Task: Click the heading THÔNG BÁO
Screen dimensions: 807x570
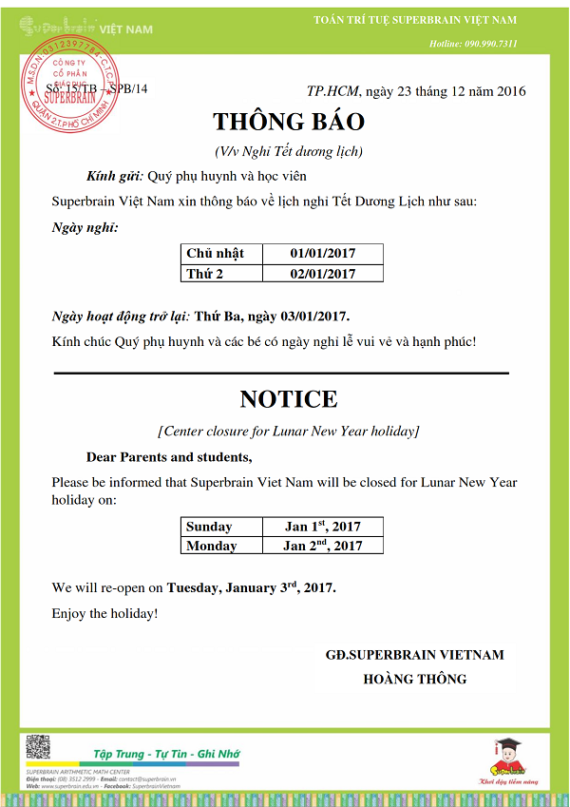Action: coord(288,122)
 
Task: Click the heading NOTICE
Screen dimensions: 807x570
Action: coord(288,398)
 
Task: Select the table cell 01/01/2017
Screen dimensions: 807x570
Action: coord(322,253)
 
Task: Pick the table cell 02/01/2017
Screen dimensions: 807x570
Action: coord(322,273)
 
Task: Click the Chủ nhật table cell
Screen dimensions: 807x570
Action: coord(221,253)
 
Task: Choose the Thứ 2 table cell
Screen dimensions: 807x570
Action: coord(221,273)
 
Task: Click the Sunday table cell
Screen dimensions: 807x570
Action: coord(221,526)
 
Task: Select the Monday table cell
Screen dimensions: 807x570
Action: coord(221,546)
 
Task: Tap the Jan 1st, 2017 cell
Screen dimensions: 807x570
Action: coord(322,526)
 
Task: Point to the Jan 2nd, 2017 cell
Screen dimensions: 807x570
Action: coord(322,546)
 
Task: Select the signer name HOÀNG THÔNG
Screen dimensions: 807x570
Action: coord(415,679)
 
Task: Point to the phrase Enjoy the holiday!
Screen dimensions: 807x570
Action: coord(104,613)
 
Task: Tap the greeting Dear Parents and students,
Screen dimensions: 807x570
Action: coord(168,457)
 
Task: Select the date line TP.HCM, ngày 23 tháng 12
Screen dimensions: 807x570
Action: coord(415,91)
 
